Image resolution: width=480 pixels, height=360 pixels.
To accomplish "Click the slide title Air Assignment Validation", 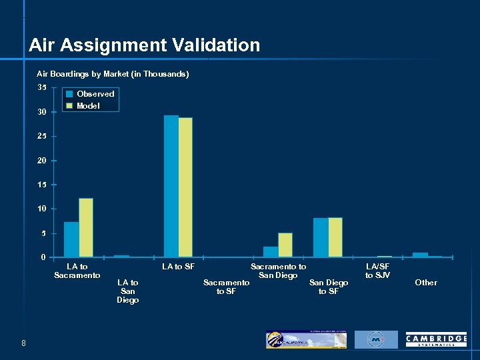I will click(144, 45).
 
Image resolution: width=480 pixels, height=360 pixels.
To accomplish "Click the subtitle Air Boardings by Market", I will click(113, 74).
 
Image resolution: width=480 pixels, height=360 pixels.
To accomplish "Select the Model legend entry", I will click(88, 106).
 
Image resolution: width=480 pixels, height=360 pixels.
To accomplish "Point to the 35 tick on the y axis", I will click(42, 87).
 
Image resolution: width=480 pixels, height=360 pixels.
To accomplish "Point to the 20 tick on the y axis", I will click(42, 161).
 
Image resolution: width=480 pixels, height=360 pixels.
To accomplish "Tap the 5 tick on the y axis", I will click(43, 233).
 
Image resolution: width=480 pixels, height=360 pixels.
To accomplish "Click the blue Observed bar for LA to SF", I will click(171, 186).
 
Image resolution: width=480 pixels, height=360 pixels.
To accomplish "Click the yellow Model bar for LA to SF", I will click(185, 187).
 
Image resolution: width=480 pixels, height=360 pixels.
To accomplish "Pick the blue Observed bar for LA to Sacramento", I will click(71, 239).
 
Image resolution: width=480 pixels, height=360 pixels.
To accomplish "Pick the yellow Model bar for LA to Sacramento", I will click(86, 227).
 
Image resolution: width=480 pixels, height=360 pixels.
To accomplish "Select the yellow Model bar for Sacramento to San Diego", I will click(285, 245).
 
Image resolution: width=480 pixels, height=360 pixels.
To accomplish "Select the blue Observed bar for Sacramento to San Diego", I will click(271, 252).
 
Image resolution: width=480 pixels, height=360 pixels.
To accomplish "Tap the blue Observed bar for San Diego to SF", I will click(321, 237).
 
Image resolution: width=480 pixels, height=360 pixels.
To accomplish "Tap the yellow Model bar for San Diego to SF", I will click(335, 237).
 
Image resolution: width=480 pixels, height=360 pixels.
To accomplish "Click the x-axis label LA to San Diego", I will click(127, 291).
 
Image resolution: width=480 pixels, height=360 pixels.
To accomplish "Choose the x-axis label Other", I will click(426, 283).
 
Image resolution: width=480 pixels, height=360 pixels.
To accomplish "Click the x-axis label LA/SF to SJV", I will click(378, 271).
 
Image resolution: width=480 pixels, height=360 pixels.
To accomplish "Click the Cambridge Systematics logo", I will click(436, 340).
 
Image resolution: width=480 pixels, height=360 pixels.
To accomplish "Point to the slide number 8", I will click(23, 343).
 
